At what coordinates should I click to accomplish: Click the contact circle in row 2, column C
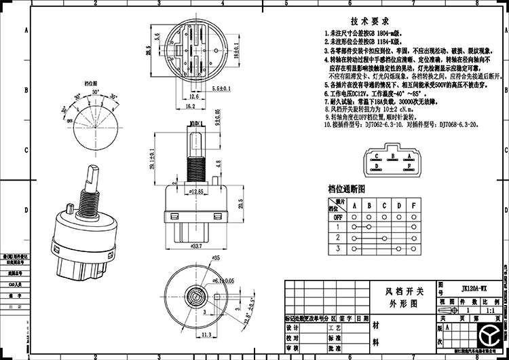point(384,238)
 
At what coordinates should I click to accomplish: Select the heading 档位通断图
point(346,188)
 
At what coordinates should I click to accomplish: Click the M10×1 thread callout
point(197,122)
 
